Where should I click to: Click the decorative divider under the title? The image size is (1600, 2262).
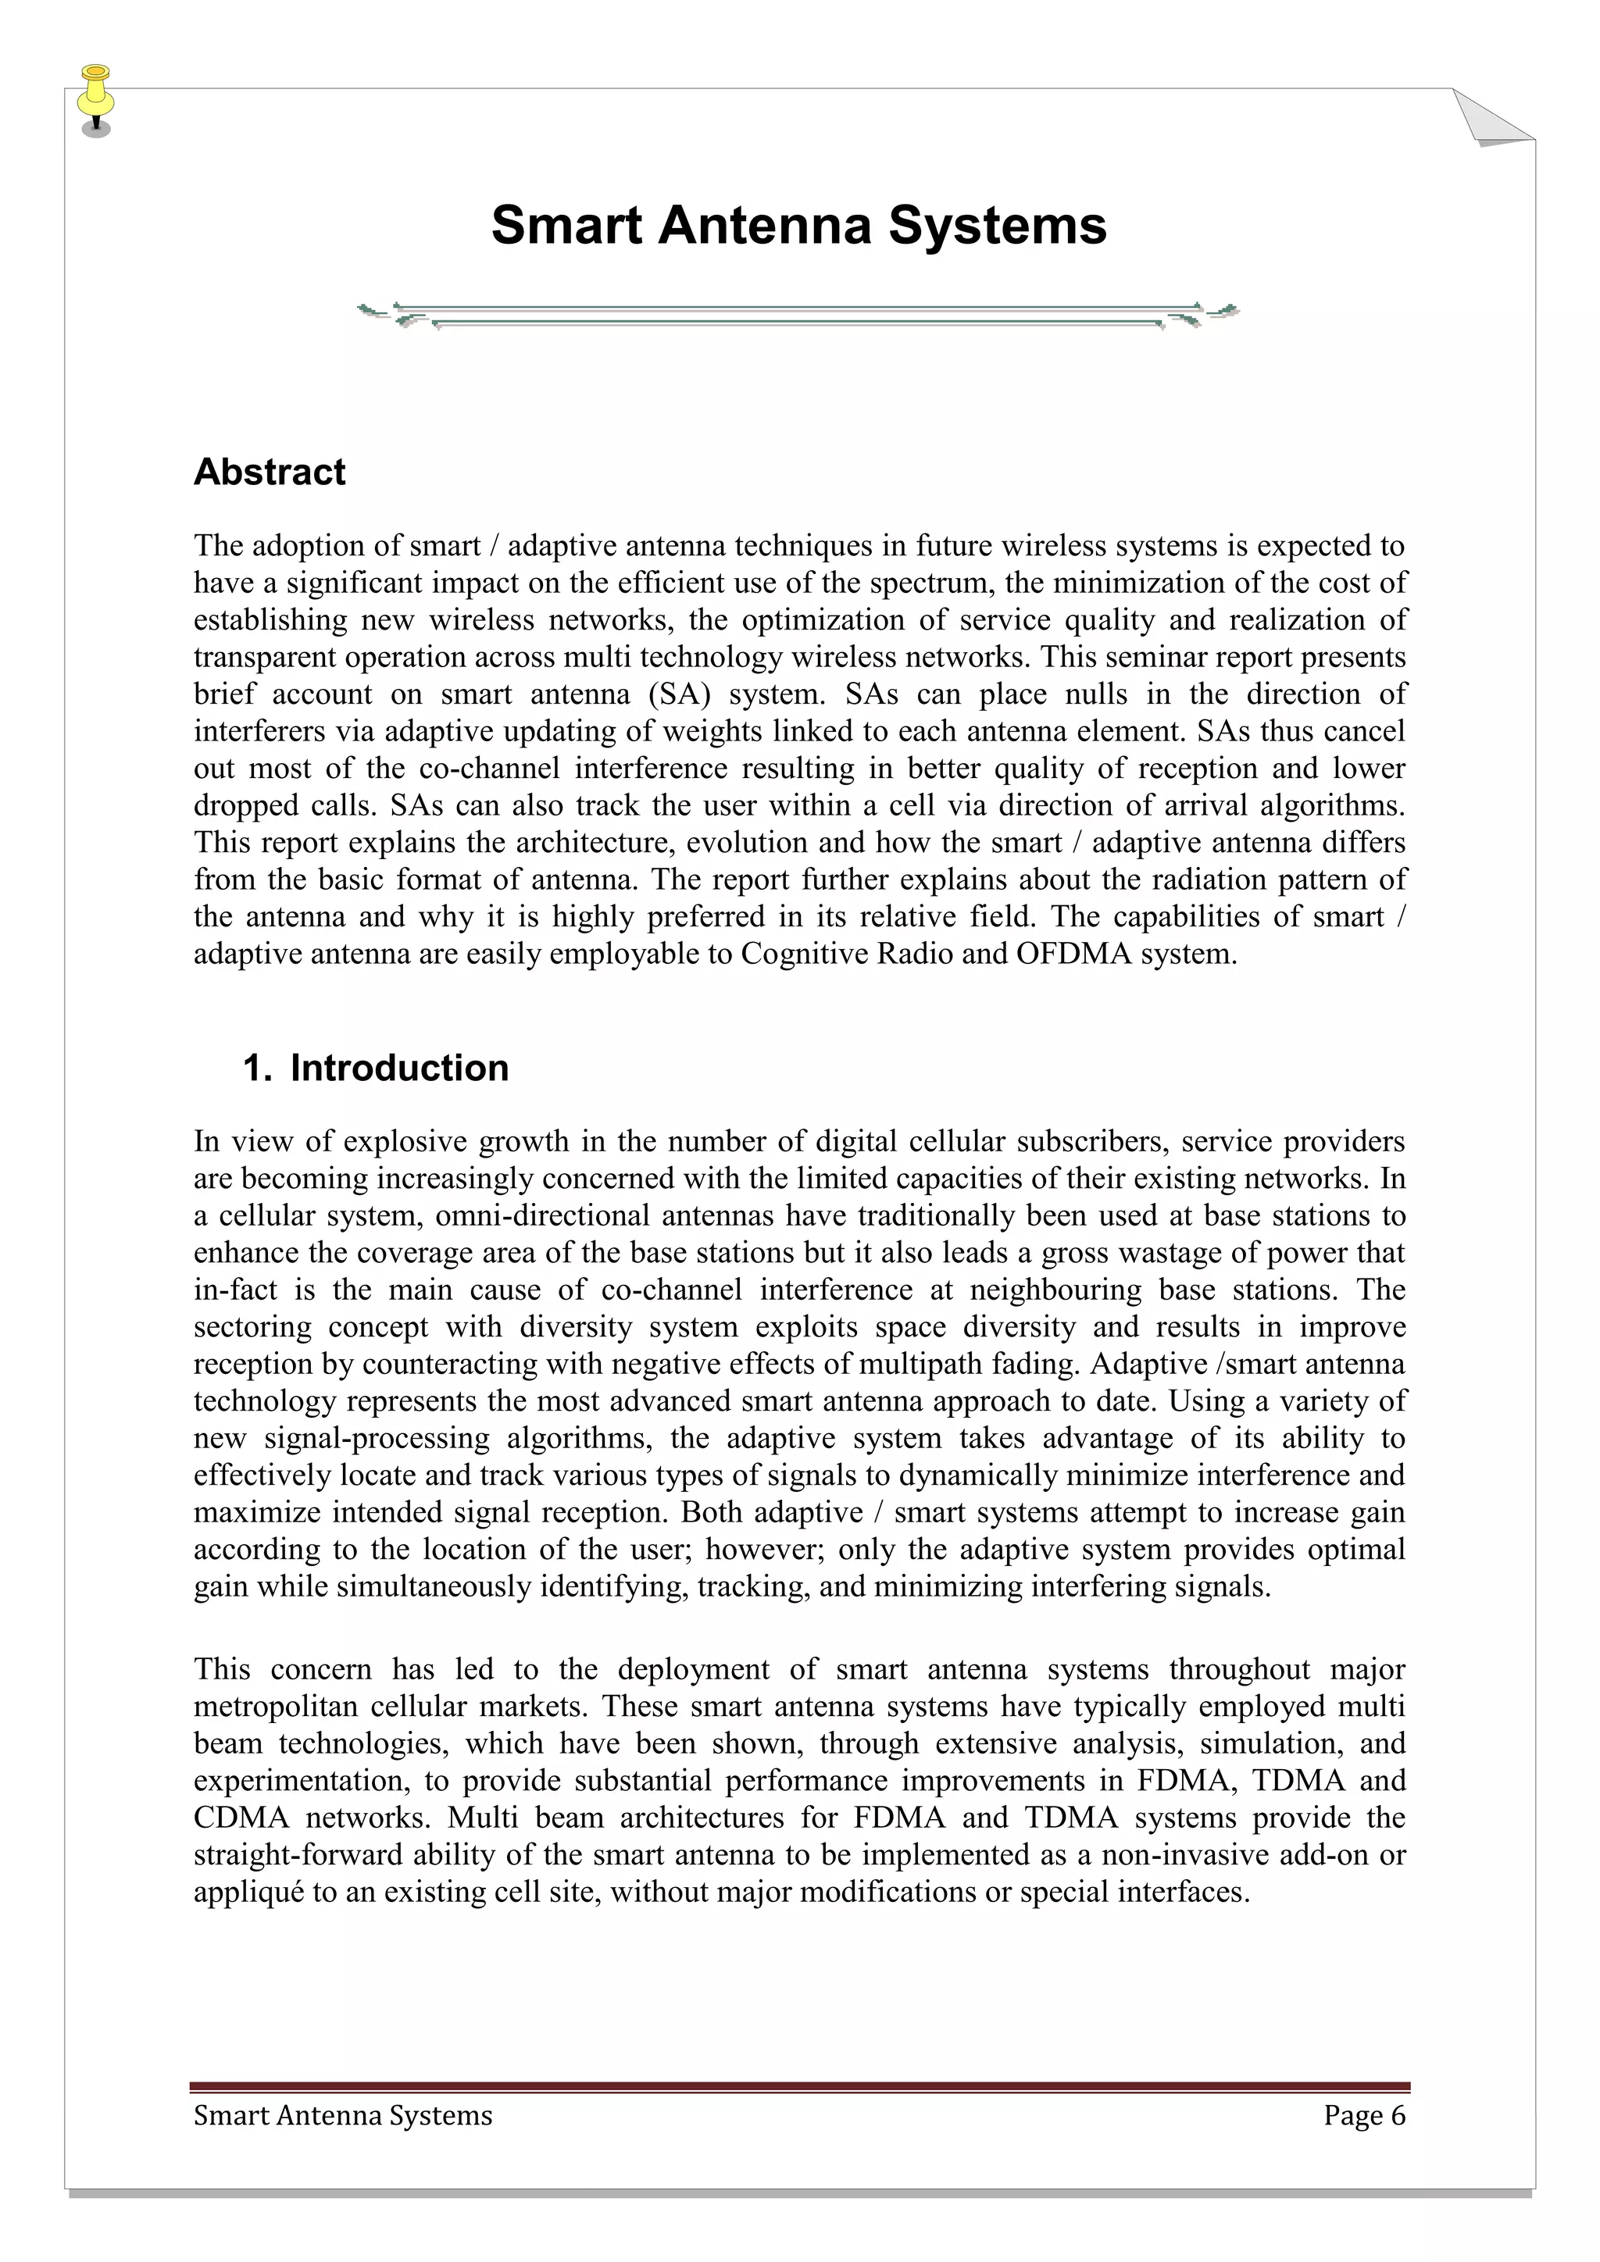[x=798, y=314]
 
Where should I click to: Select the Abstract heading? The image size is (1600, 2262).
[x=269, y=472]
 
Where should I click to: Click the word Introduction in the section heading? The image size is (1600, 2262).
[x=399, y=1068]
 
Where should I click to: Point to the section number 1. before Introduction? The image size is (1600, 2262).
[x=257, y=1068]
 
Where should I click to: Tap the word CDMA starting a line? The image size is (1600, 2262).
[x=241, y=1818]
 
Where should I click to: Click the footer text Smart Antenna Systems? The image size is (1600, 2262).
[x=343, y=2115]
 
